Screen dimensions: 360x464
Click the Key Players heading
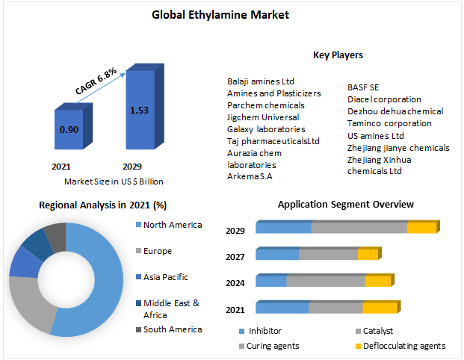338,55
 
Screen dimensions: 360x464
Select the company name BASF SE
363,87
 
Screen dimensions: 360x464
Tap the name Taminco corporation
389,123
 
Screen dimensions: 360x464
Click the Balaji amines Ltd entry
261,81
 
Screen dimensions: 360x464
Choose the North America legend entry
172,225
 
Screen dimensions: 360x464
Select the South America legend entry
172,329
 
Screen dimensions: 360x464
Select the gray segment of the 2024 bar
326,282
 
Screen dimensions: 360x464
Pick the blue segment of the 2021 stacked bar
282,308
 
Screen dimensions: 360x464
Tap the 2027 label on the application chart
235,257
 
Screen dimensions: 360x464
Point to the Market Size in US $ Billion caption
114,181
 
